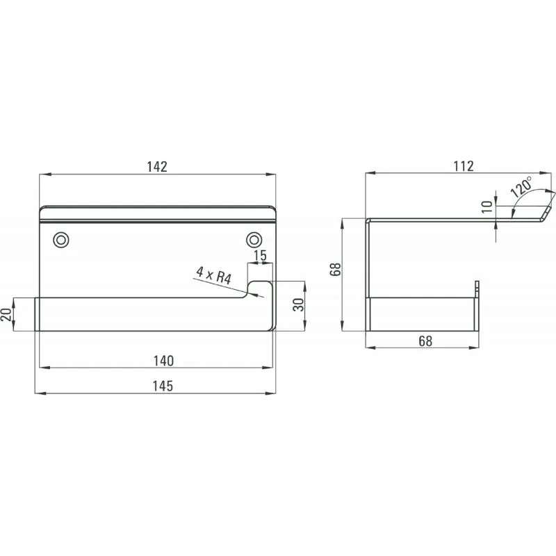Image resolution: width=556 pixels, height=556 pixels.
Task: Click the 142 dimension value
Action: (157, 167)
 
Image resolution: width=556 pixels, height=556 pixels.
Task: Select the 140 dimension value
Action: (163, 361)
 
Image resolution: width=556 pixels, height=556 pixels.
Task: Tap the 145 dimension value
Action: (163, 386)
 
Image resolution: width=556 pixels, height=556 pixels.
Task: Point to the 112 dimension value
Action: (464, 166)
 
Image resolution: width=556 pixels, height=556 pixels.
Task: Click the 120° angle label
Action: (522, 187)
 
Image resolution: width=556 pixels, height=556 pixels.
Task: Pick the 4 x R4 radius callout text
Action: (214, 275)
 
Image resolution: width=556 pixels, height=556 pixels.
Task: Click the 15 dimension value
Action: (260, 255)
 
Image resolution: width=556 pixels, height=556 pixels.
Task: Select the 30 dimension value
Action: (299, 304)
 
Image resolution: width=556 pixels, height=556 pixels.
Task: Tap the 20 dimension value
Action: (6, 314)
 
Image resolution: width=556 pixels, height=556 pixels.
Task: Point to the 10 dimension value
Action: (487, 206)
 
